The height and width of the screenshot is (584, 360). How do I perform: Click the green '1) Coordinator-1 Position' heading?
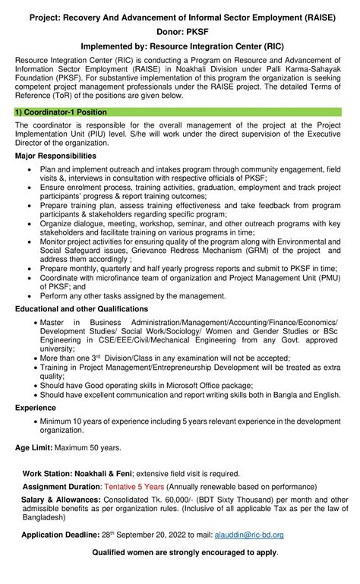(62, 112)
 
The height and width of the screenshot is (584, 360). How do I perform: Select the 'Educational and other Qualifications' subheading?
(81, 308)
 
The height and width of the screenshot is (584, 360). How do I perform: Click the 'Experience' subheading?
(35, 408)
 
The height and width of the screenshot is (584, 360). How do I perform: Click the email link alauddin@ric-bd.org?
(250, 535)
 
